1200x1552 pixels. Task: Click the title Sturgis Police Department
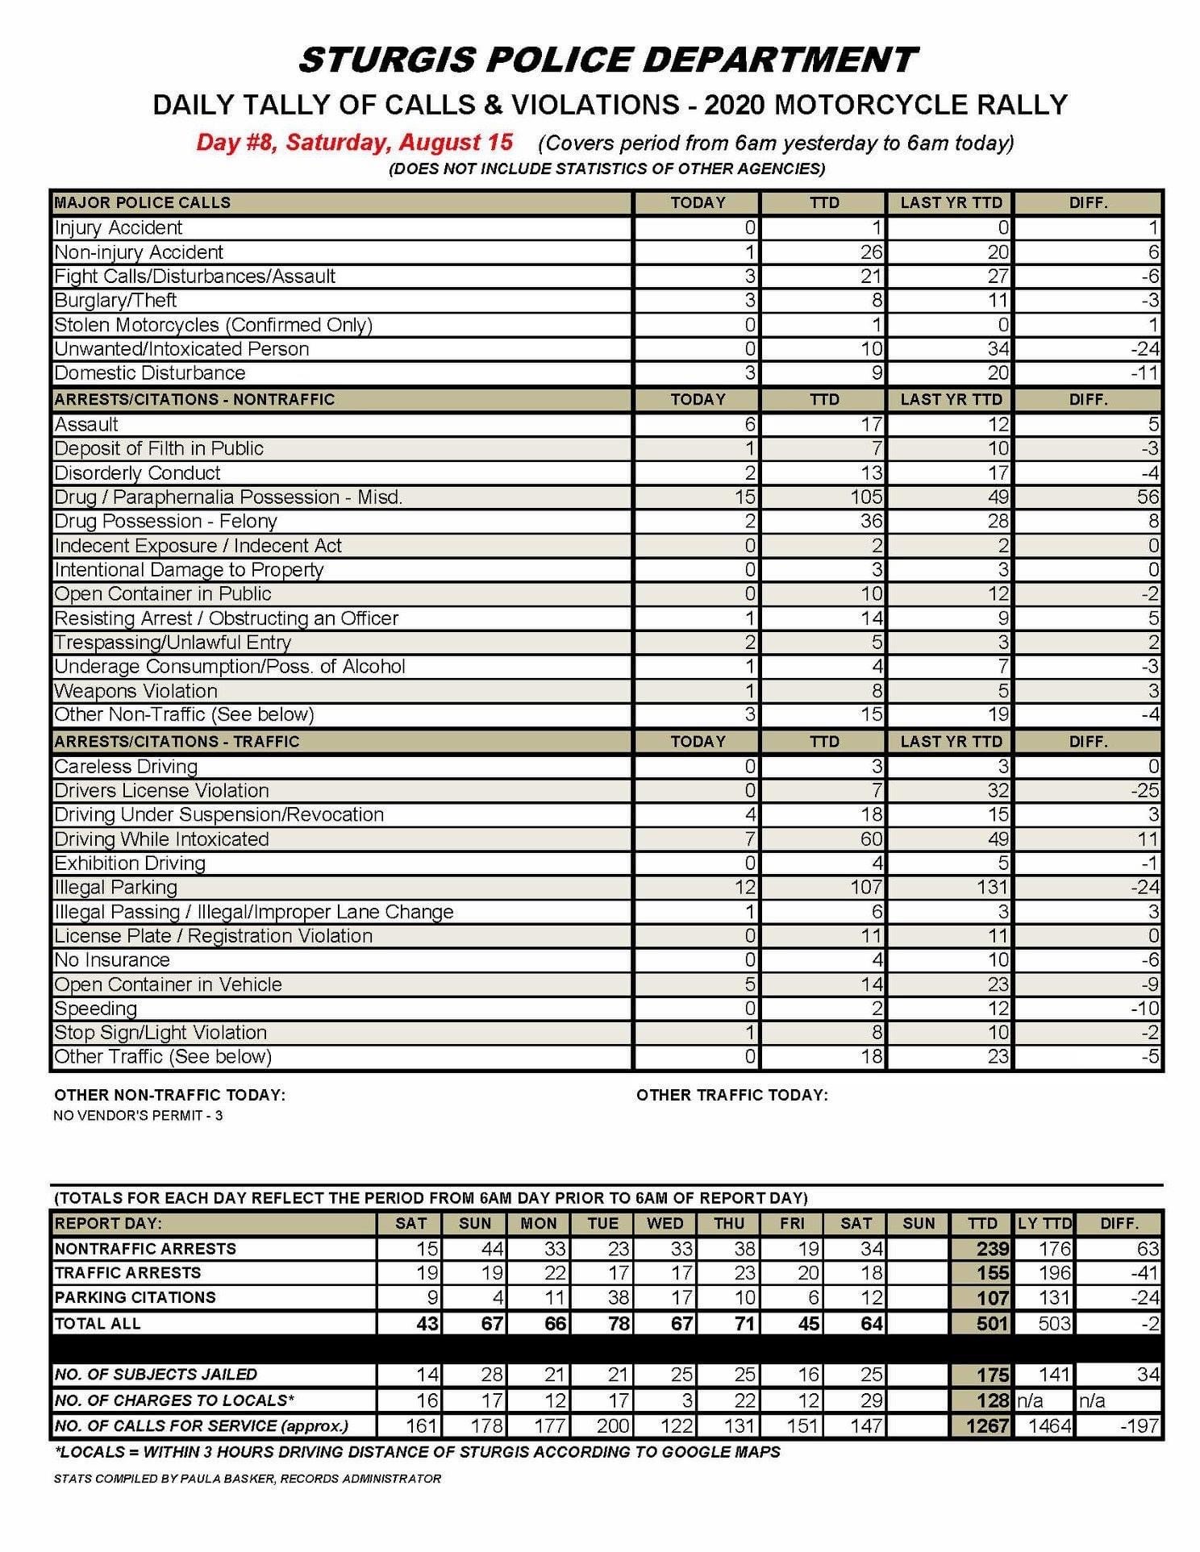(x=606, y=60)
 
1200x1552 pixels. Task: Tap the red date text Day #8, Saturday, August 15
(x=354, y=143)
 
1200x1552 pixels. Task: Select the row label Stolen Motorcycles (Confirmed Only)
(x=213, y=325)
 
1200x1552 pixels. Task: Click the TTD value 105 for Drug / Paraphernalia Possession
(x=866, y=497)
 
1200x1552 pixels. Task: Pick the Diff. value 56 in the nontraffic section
(x=1148, y=497)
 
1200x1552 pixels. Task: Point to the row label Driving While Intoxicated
(x=161, y=838)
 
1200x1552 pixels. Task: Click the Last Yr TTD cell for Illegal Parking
(x=992, y=887)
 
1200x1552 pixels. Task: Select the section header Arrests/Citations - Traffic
(x=177, y=741)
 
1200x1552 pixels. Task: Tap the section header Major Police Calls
(x=142, y=202)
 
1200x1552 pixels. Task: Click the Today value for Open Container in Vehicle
(x=749, y=984)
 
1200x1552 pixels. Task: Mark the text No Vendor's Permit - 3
(x=138, y=1116)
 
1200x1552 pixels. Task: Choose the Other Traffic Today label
(x=731, y=1095)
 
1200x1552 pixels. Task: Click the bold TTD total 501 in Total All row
(x=992, y=1323)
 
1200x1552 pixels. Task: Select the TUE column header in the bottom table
(x=602, y=1223)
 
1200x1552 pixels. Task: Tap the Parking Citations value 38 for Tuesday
(x=618, y=1297)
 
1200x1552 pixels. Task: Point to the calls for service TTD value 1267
(x=987, y=1425)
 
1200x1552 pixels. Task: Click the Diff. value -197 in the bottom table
(x=1139, y=1425)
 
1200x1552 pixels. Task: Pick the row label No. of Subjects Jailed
(x=156, y=1374)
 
